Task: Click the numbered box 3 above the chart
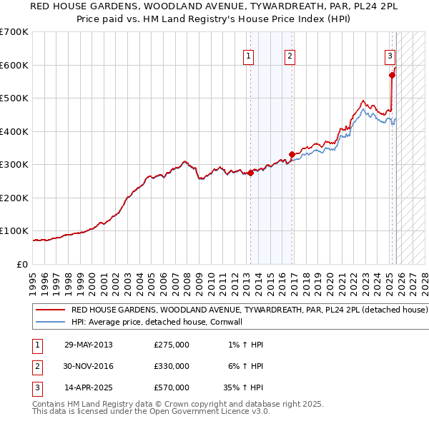tap(390, 56)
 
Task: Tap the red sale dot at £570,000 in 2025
tap(392, 75)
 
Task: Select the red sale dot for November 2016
tap(292, 154)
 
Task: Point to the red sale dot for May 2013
tap(250, 173)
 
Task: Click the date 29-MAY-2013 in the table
tap(89, 345)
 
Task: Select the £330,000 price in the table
tap(172, 366)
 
